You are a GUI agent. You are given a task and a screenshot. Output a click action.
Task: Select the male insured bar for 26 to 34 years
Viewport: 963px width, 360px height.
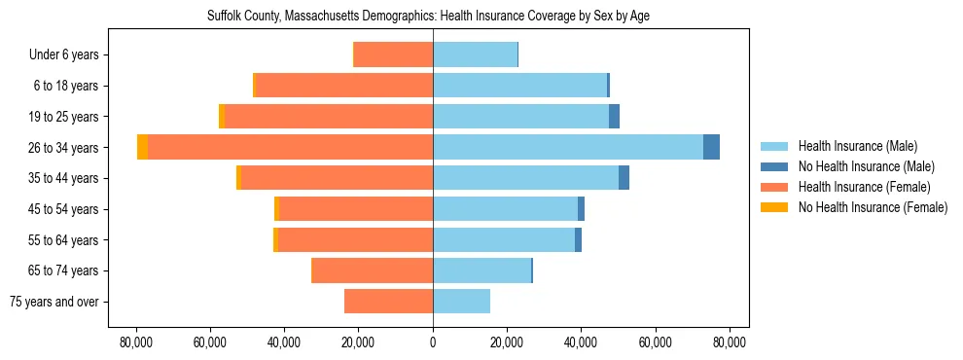[x=568, y=147]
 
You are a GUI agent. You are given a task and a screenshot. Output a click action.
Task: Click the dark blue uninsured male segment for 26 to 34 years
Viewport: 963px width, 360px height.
[x=711, y=147]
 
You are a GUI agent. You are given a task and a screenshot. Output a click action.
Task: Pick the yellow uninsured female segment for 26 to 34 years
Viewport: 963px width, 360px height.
[x=143, y=147]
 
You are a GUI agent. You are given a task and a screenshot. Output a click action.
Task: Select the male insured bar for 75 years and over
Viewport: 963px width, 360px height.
[x=461, y=302]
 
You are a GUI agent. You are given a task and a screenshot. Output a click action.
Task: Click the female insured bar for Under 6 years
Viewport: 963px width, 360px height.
[x=393, y=54]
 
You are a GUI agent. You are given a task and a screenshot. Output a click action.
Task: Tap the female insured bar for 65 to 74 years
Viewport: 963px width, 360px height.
[x=373, y=270]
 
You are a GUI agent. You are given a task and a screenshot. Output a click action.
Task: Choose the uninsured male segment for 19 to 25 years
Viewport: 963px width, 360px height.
[x=614, y=117]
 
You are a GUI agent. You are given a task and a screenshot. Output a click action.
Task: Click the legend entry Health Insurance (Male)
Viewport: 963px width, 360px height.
[x=857, y=146]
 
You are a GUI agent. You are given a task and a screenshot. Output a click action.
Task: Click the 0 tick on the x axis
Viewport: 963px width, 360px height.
[x=433, y=342]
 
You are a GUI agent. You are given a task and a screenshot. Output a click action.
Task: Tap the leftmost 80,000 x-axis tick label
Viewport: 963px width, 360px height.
[x=135, y=342]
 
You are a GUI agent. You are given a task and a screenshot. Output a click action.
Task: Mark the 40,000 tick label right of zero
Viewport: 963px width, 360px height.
[x=581, y=342]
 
